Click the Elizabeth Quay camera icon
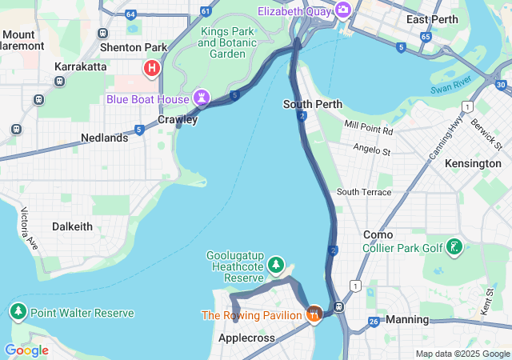[343, 10]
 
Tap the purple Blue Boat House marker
[202, 99]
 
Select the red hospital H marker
[150, 69]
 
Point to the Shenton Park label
[134, 47]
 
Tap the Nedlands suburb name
[104, 138]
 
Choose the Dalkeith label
[72, 226]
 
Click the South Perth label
[313, 104]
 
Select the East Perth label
[431, 19]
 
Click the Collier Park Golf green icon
[454, 248]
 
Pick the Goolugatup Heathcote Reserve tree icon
[276, 263]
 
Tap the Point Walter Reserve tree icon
[18, 311]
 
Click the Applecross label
[246, 338]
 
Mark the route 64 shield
[130, 13]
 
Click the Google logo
[26, 350]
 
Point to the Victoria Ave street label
[29, 228]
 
